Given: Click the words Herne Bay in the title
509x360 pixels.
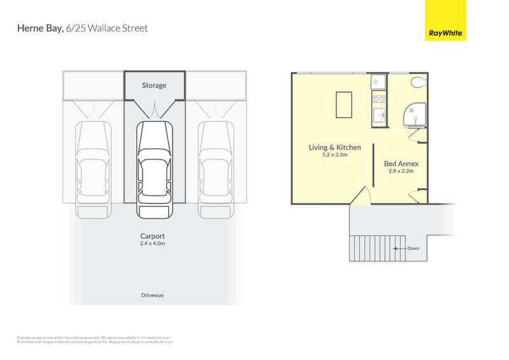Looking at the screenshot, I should pos(40,29).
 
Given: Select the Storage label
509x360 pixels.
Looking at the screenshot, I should pos(154,85).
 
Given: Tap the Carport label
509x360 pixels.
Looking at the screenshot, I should pos(153,236).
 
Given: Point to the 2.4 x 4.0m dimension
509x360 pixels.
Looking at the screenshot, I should pos(153,244).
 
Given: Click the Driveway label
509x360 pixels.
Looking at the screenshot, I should pos(153,295).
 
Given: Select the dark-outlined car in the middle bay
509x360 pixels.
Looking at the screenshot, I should pos(155,168).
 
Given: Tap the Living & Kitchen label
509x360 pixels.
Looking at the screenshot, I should pos(335,148).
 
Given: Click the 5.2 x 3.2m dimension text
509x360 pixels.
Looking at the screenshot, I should pos(335,155).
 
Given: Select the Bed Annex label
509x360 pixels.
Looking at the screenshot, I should pos(401,163).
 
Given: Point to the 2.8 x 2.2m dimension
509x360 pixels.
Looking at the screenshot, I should pos(401,171).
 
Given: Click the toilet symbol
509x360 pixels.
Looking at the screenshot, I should pos(419,82).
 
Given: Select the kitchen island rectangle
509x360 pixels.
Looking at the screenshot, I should pos(344,104).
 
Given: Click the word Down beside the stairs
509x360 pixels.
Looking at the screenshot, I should pos(413,249).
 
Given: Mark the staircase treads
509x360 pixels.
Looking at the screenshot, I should pos(370,249).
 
